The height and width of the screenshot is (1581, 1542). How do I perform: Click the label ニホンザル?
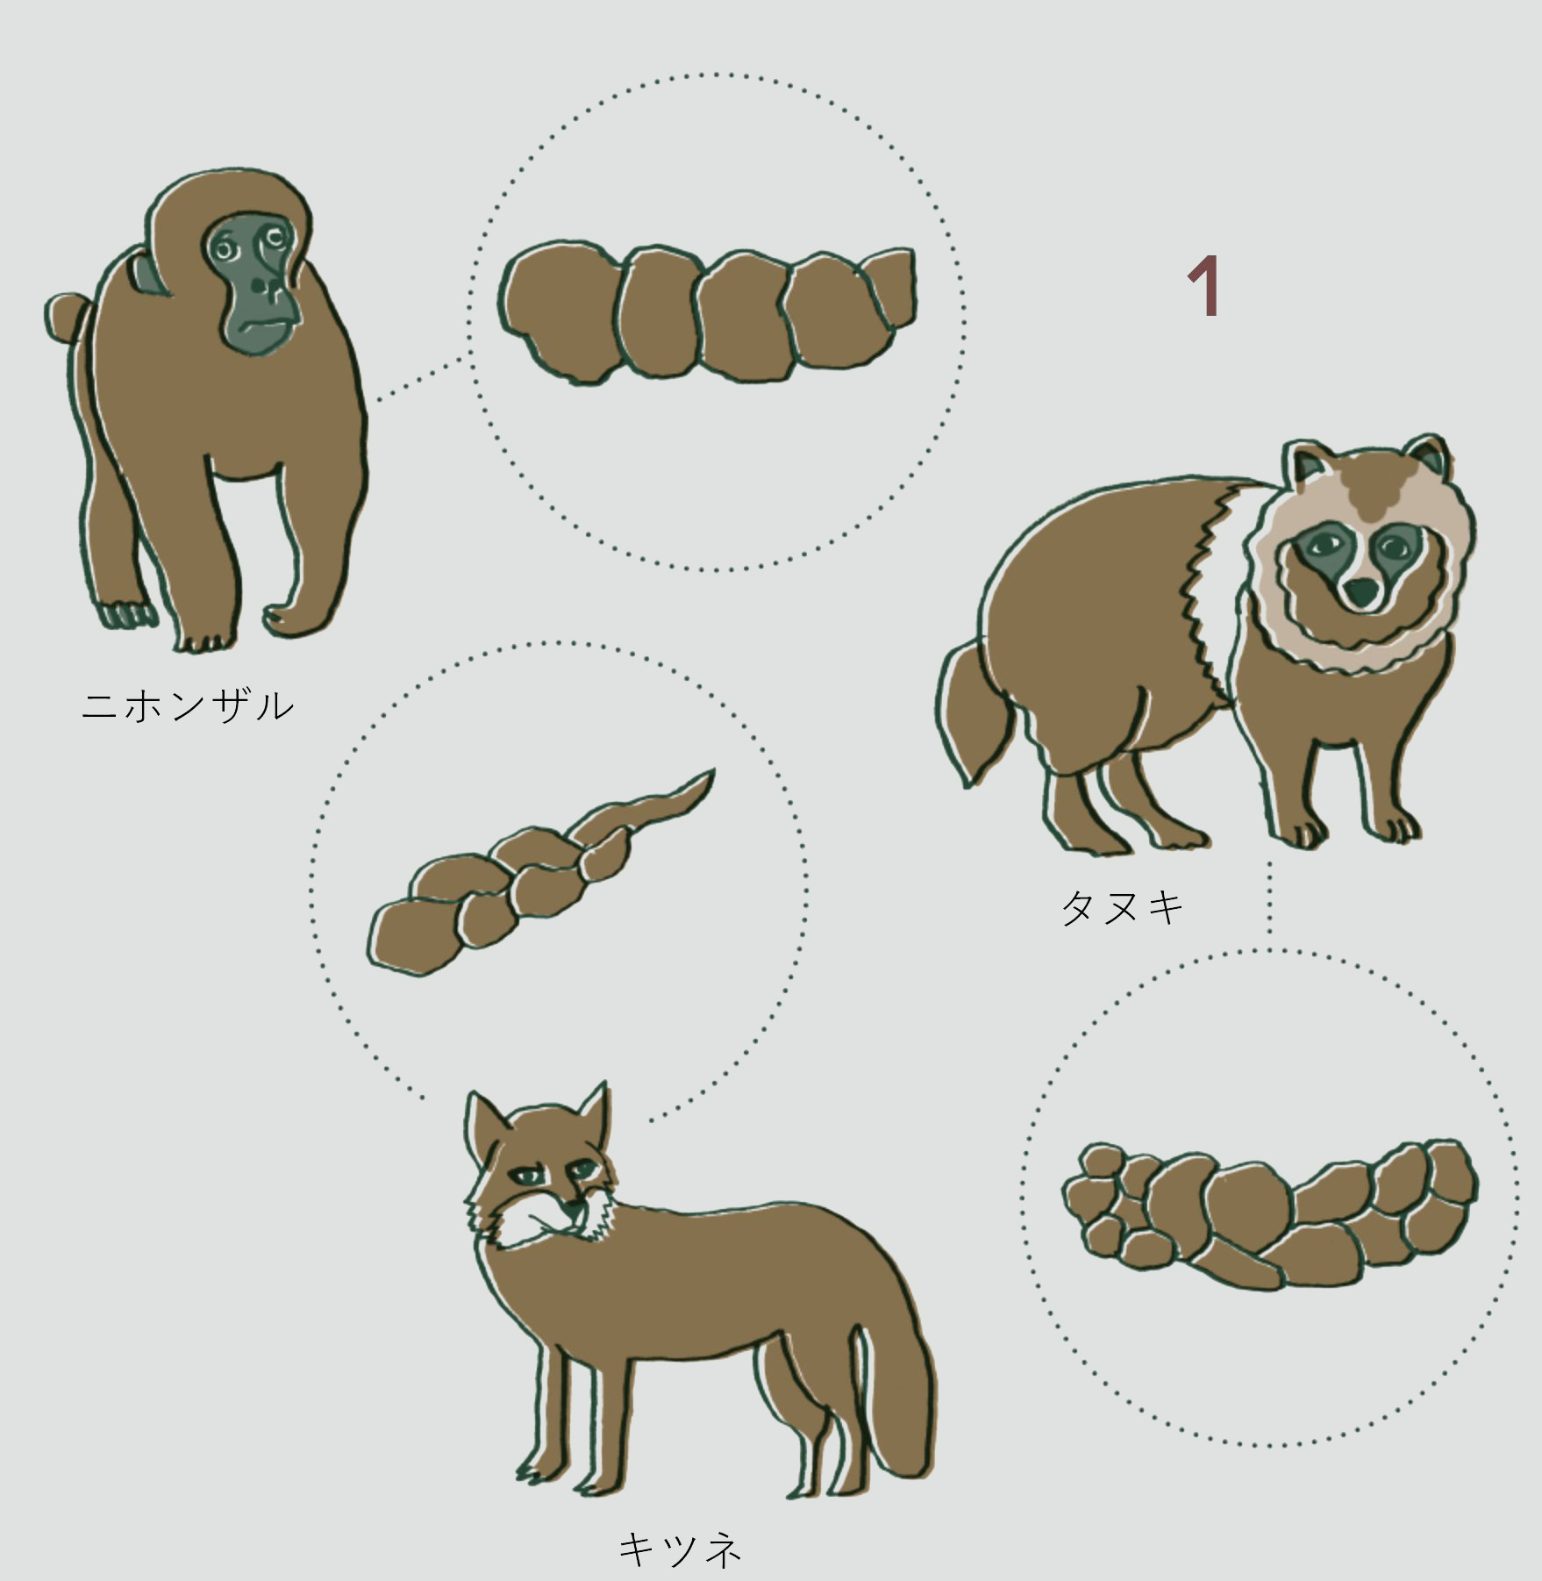(188, 705)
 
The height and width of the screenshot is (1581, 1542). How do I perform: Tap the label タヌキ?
(1123, 907)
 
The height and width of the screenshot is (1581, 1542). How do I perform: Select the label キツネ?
(681, 1549)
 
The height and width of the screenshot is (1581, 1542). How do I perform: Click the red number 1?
(1205, 286)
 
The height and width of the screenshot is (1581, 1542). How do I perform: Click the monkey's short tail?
(68, 318)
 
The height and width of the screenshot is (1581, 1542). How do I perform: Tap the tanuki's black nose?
(1361, 591)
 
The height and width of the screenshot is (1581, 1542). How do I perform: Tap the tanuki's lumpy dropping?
(1268, 1214)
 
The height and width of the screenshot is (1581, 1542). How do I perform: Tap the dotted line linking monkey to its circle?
(421, 377)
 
